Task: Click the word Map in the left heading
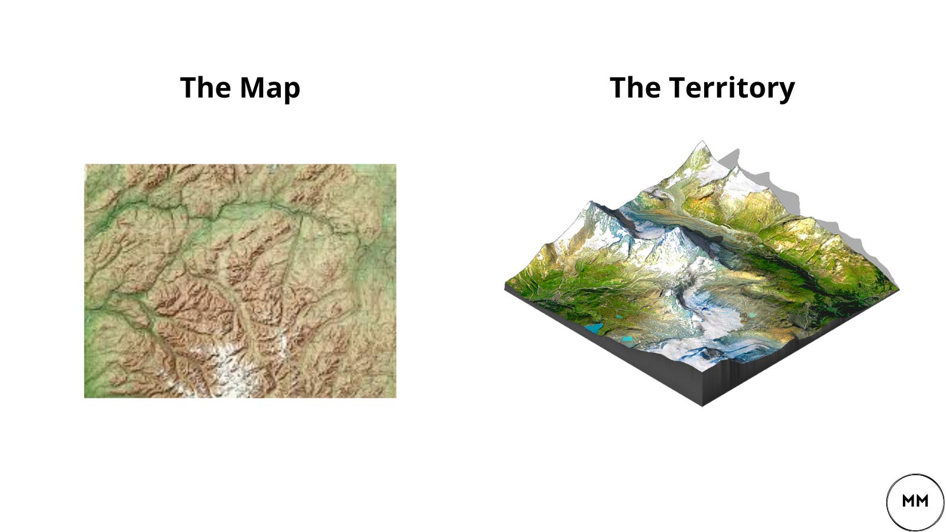click(x=270, y=88)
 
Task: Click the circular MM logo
click(x=915, y=502)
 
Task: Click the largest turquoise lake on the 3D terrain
click(x=593, y=327)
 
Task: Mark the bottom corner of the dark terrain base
click(x=702, y=406)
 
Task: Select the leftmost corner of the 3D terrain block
click(x=506, y=286)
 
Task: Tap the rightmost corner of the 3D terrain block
click(x=898, y=290)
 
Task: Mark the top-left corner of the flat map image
click(x=85, y=165)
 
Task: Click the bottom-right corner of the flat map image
click(x=396, y=397)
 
